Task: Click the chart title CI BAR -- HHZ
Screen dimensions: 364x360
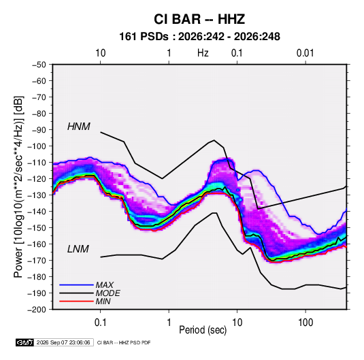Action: coord(199,19)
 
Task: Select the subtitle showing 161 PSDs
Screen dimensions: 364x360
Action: coord(199,37)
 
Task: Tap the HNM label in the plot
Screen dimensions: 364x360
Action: coord(79,127)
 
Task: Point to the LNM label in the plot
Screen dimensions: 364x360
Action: coord(78,249)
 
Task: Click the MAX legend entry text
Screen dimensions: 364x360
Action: coord(105,285)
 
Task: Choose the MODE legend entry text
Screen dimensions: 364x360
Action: coord(107,293)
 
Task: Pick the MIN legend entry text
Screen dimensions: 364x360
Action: coord(103,301)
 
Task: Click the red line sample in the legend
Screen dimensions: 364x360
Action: coord(76,301)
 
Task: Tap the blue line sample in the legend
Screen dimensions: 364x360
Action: coord(76,285)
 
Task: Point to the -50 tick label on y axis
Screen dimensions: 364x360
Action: coord(39,65)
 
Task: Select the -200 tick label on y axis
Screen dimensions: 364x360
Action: coord(37,310)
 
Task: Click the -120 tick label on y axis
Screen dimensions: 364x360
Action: coord(37,179)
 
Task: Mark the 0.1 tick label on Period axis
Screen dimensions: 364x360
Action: coord(100,323)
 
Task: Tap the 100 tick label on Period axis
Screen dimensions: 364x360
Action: coord(305,323)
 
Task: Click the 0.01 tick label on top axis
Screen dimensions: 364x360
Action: coord(305,53)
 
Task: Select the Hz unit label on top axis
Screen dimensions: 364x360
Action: coord(203,53)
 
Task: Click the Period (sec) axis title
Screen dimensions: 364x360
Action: coord(203,330)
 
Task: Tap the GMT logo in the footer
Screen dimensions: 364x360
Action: coord(25,342)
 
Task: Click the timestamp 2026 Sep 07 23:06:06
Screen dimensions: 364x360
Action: coord(63,342)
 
